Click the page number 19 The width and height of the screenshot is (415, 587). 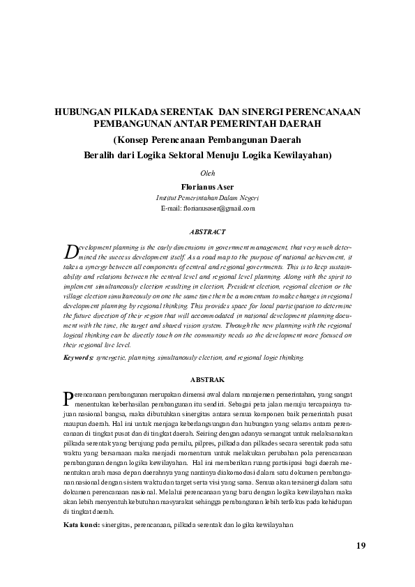(x=360, y=545)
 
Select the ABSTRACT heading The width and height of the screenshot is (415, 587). (x=207, y=231)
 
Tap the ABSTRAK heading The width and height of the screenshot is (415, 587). (x=207, y=379)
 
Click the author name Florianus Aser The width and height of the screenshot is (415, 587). (x=207, y=188)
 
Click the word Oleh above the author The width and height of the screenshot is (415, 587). (x=207, y=173)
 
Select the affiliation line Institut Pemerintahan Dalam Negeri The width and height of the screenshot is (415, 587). (x=207, y=198)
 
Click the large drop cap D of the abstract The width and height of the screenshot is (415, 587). (x=69, y=251)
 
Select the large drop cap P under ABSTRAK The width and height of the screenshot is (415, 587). (x=68, y=398)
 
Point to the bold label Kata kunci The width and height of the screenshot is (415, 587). (x=81, y=524)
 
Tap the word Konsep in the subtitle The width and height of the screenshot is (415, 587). (x=133, y=139)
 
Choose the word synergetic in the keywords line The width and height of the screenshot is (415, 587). (x=113, y=357)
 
